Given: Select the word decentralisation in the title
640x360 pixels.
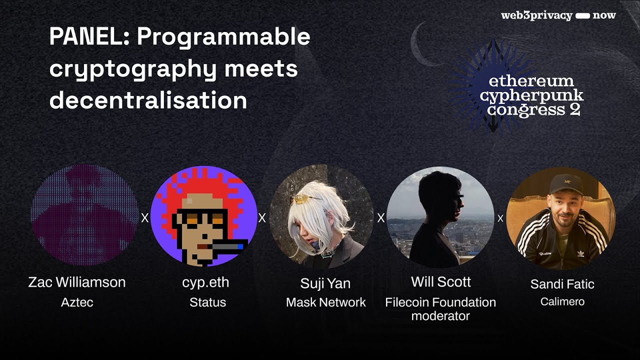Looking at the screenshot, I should pyautogui.click(x=148, y=100).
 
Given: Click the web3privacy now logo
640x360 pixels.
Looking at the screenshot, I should pyautogui.click(x=558, y=15).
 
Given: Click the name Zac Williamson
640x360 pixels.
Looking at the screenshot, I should pyautogui.click(x=77, y=282).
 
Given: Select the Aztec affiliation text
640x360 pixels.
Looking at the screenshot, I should pyautogui.click(x=77, y=302).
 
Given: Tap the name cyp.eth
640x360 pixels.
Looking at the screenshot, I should pyautogui.click(x=205, y=282).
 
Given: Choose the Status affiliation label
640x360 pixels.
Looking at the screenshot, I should pyautogui.click(x=207, y=302).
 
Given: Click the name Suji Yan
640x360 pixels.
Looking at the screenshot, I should pyautogui.click(x=325, y=283).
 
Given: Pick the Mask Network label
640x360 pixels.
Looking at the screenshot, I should pyautogui.click(x=325, y=302).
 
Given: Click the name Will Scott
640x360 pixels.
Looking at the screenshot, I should pyautogui.click(x=440, y=282).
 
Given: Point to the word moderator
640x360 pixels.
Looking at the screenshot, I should pyautogui.click(x=440, y=316).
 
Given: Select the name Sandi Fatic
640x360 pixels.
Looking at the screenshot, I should pyautogui.click(x=562, y=284).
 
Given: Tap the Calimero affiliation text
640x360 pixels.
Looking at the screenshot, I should pyautogui.click(x=562, y=302).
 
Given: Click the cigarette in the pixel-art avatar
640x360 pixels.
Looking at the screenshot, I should pyautogui.click(x=227, y=245).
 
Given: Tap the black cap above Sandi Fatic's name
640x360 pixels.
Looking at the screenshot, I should pyautogui.click(x=565, y=184).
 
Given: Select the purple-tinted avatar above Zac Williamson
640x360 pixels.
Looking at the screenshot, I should pyautogui.click(x=83, y=215).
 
